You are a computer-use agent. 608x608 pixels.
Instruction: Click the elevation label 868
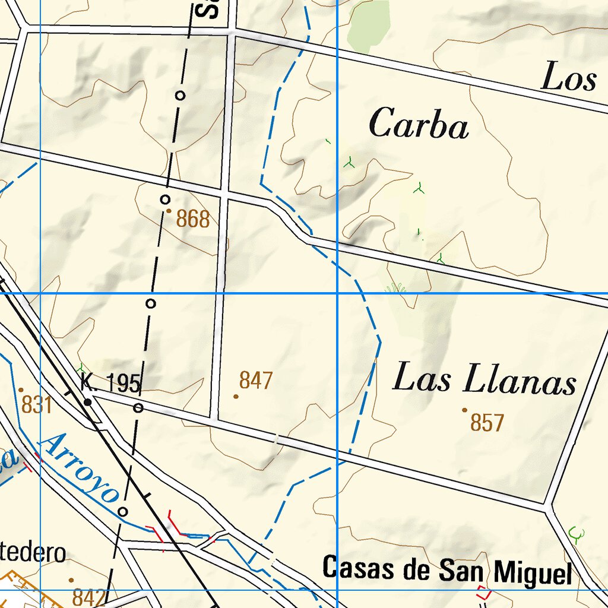click(193, 220)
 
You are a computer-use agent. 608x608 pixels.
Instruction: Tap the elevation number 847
click(256, 381)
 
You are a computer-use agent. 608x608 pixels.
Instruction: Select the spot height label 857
click(487, 423)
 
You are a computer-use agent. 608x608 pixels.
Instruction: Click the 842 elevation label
click(89, 597)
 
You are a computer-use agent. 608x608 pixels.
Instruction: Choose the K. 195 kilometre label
click(111, 384)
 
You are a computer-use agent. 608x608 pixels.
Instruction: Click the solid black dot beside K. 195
click(88, 402)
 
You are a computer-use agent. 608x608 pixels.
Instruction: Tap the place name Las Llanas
click(484, 379)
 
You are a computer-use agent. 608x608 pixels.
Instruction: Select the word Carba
click(419, 124)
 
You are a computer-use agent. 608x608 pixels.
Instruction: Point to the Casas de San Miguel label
click(447, 570)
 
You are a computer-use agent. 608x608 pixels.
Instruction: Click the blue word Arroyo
click(80, 467)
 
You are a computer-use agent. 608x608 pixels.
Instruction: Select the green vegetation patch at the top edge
click(368, 24)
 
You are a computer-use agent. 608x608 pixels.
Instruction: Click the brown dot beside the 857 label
click(464, 410)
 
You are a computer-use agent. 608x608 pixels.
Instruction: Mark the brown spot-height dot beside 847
click(236, 396)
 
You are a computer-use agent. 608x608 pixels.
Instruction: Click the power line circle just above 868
click(166, 199)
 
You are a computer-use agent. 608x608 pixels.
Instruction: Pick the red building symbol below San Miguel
click(484, 592)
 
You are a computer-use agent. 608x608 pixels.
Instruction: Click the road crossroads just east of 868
click(224, 194)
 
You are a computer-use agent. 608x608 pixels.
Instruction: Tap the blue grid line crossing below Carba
click(337, 293)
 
